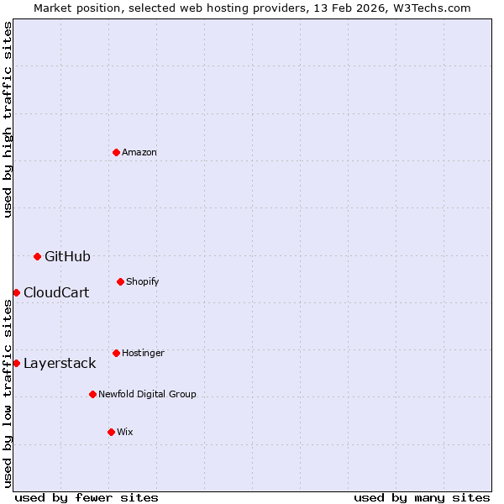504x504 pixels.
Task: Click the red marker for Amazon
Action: point(116,152)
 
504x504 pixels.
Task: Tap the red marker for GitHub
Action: point(37,256)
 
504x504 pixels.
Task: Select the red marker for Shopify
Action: point(120,281)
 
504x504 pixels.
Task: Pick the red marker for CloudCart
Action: point(16,292)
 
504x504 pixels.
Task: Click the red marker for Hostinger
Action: point(116,353)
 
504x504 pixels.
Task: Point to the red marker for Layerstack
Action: point(16,363)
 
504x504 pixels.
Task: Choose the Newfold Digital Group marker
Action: point(92,394)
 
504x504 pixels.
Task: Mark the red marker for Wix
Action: point(111,432)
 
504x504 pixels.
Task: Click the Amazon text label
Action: point(139,152)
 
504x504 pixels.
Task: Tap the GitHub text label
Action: point(67,256)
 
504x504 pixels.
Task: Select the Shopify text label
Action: point(143,281)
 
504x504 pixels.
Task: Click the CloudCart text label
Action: point(56,292)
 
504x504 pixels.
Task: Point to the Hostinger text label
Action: point(143,353)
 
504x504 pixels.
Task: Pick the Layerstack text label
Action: point(60,363)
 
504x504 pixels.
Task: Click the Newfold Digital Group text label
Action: point(147,394)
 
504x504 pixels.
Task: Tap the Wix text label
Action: point(125,432)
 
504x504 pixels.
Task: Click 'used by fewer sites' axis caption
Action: point(87,497)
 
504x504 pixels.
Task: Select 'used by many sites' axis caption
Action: point(422,497)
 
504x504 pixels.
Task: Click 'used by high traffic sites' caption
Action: point(8,119)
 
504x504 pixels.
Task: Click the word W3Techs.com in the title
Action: point(428,8)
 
